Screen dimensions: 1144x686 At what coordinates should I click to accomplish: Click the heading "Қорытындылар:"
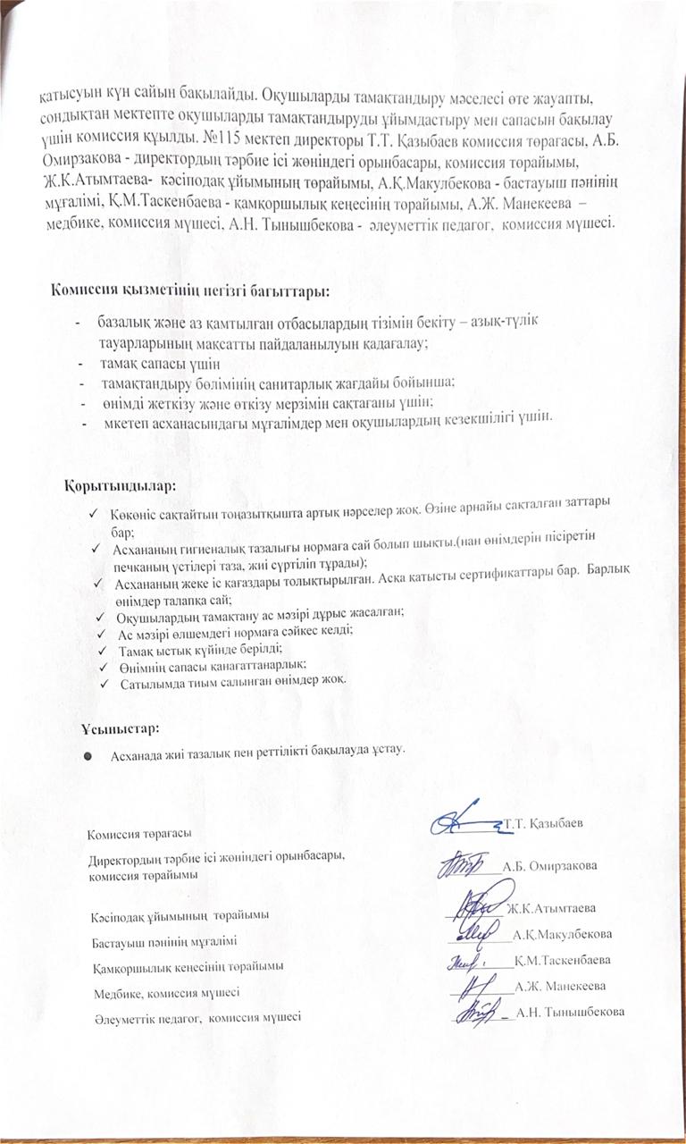point(120,487)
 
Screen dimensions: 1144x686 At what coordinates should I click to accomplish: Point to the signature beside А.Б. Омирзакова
point(462,863)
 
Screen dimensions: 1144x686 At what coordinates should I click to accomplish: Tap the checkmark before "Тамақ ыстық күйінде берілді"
point(105,648)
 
